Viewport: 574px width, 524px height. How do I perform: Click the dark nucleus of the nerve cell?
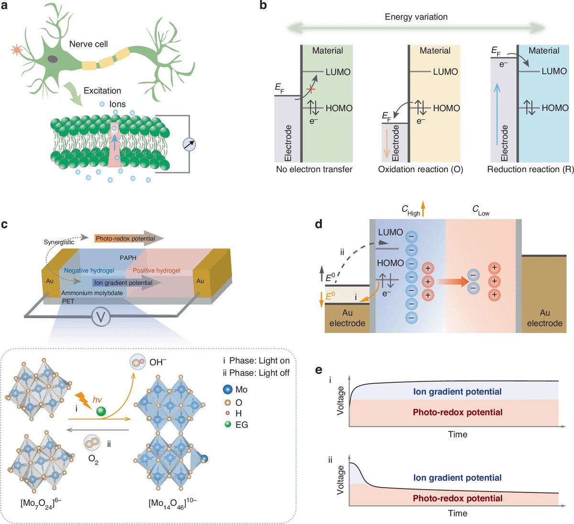click(53, 58)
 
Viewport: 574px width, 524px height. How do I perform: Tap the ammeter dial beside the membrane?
click(190, 144)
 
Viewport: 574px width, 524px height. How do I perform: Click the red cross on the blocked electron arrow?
click(311, 89)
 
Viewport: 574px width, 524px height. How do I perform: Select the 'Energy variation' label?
click(416, 17)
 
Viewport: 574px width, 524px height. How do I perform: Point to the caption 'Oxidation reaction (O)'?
click(420, 169)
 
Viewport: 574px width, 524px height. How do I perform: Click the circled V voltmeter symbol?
click(101, 317)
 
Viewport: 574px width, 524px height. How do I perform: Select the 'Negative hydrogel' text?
click(89, 271)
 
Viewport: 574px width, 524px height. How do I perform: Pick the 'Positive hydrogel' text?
click(156, 271)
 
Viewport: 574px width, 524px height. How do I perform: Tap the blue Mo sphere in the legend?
click(228, 389)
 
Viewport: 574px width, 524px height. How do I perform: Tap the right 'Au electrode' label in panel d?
click(544, 318)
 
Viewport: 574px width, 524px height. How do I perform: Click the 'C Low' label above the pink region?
click(480, 211)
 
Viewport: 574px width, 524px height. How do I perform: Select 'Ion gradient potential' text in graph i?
click(457, 392)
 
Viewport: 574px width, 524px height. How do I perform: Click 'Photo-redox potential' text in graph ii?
click(457, 498)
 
